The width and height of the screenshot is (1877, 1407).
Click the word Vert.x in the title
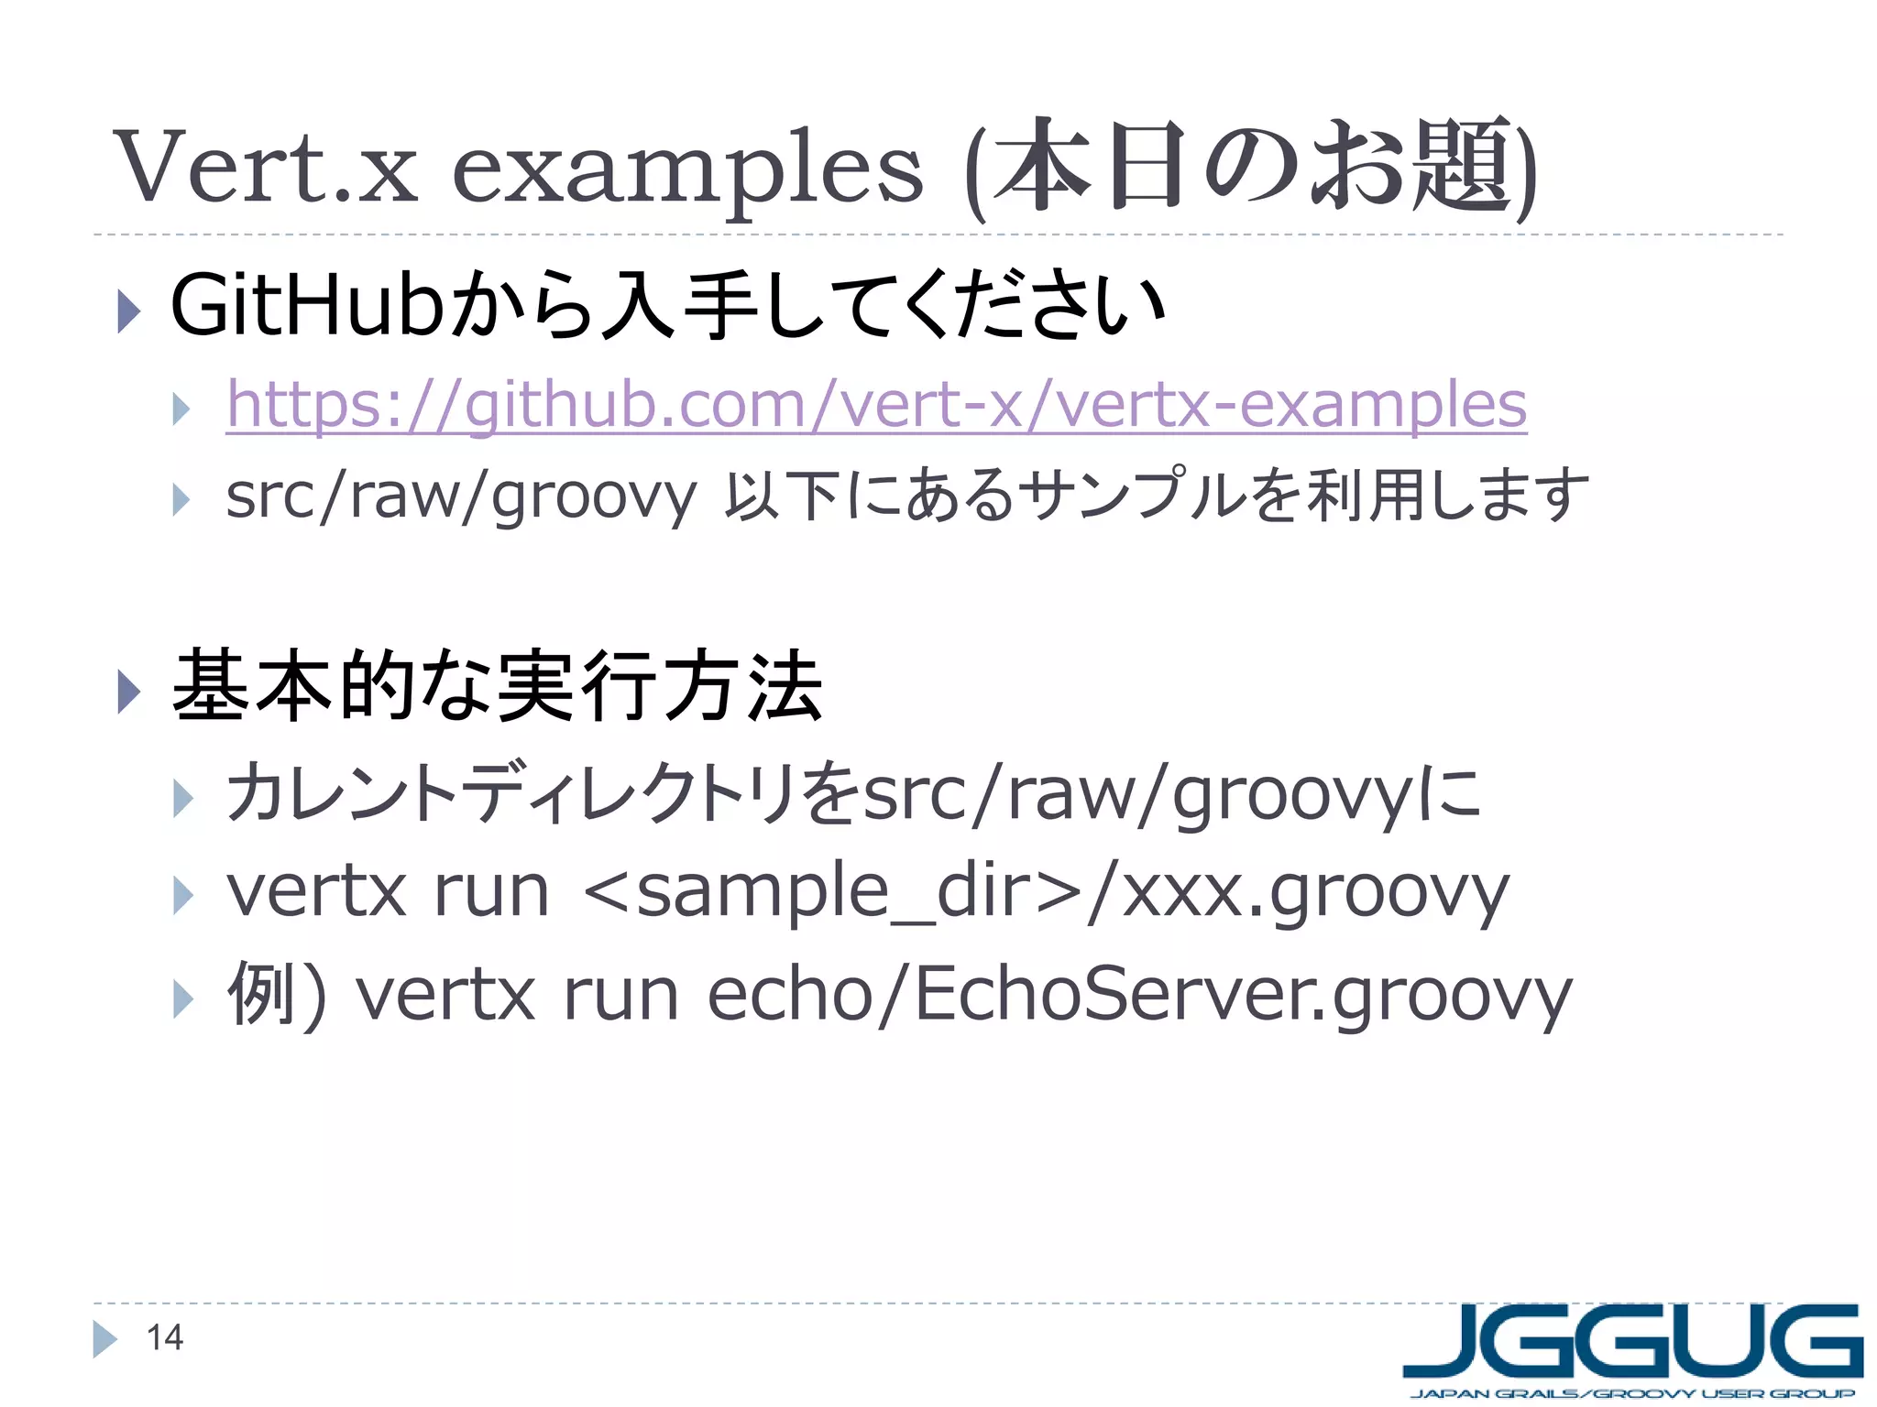click(266, 168)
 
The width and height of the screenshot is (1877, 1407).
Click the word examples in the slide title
click(687, 170)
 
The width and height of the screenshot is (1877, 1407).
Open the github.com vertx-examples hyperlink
click(876, 404)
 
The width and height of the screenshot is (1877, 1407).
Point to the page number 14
click(165, 1338)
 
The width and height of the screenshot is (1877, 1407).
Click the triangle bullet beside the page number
click(105, 1339)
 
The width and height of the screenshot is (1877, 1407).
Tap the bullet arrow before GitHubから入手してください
click(129, 311)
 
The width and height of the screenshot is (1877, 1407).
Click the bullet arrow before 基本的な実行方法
click(129, 691)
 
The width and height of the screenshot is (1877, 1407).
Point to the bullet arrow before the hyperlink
click(181, 409)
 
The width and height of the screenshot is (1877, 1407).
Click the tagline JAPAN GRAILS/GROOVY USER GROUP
click(1632, 1394)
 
